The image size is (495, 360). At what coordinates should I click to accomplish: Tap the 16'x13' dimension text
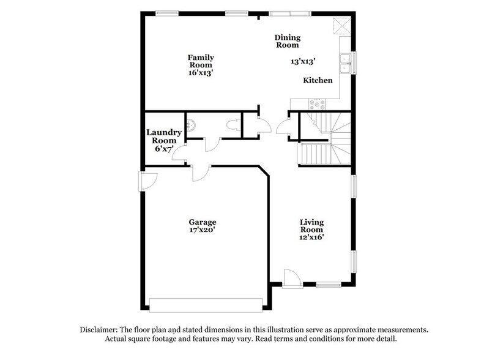click(x=200, y=72)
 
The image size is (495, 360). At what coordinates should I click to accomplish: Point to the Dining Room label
click(x=286, y=40)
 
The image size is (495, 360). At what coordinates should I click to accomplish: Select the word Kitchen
click(x=318, y=80)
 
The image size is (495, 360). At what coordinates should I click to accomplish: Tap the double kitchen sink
click(x=346, y=62)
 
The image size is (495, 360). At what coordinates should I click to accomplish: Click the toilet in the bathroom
click(x=232, y=126)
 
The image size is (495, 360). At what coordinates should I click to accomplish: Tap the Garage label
click(x=203, y=222)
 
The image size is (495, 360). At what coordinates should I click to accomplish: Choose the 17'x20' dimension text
click(x=203, y=231)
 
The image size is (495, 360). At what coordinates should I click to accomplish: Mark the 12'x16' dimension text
click(x=311, y=236)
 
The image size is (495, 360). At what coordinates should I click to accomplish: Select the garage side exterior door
click(x=147, y=181)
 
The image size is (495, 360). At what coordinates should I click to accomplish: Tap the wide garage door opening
click(x=206, y=304)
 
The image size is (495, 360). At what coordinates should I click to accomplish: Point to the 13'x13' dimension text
click(x=303, y=61)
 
